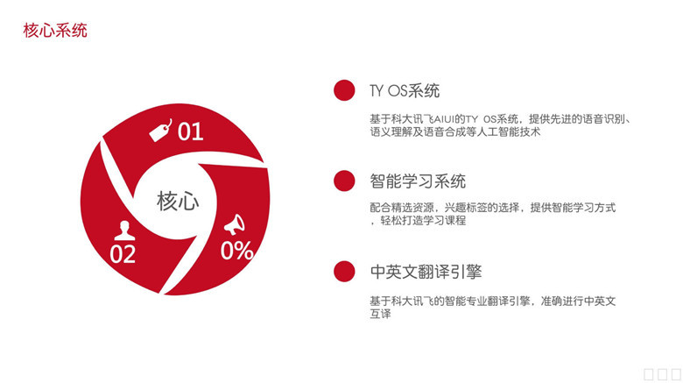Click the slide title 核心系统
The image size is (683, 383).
coord(55,31)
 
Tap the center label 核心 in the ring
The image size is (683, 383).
coord(178,201)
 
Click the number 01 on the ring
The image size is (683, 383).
coord(190,131)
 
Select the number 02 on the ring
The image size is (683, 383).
coord(123,254)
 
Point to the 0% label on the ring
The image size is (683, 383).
coord(236,251)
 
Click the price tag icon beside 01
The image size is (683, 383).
coord(160,131)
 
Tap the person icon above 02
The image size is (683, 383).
coord(124,231)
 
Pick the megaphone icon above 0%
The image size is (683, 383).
coord(235,224)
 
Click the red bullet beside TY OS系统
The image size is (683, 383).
coord(344,90)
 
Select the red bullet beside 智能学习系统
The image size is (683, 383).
coord(344,181)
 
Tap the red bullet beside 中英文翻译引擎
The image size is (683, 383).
coord(344,272)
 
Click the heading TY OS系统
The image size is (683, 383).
coord(405,91)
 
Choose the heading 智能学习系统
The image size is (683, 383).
coord(418,181)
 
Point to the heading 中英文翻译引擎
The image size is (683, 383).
coord(426,272)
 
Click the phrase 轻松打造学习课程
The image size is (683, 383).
coord(424,220)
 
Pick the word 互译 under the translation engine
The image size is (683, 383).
coord(380,314)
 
